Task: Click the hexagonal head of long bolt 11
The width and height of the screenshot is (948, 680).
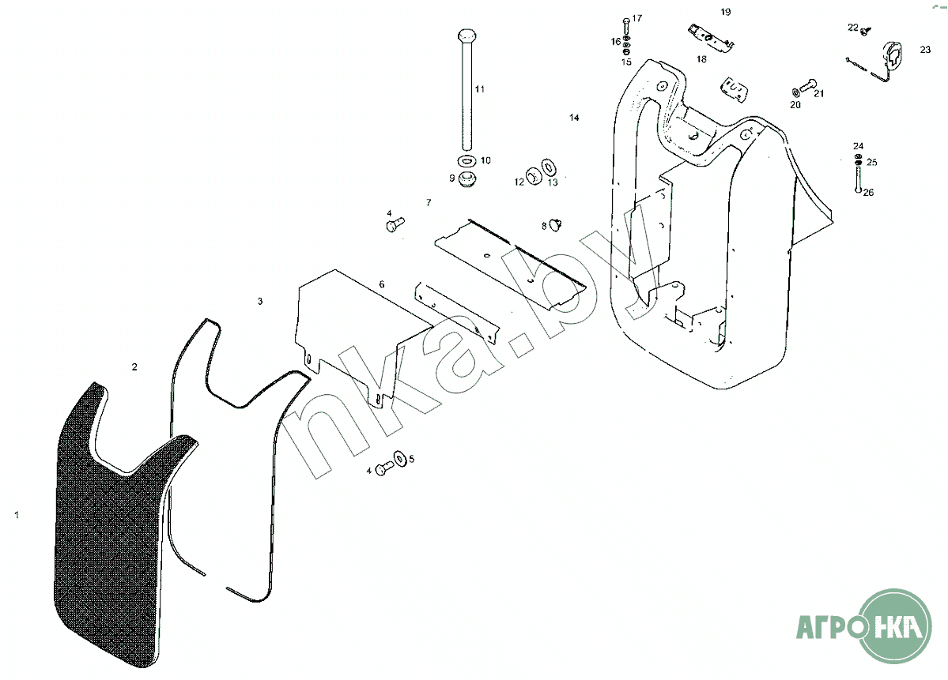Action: pyautogui.click(x=466, y=37)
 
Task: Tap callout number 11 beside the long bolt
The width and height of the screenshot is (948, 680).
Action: pyautogui.click(x=480, y=89)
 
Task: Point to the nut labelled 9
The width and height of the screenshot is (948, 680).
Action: pyautogui.click(x=467, y=178)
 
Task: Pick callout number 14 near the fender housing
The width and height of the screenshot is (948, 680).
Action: pyautogui.click(x=575, y=118)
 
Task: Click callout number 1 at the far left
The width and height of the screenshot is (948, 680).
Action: pyautogui.click(x=17, y=514)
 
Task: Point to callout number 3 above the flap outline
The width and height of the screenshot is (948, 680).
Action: pyautogui.click(x=260, y=302)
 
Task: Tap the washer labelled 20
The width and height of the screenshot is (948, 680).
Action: pyautogui.click(x=794, y=93)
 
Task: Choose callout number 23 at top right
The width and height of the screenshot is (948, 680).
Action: pyautogui.click(x=925, y=49)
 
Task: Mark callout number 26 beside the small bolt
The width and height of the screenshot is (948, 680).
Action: pyautogui.click(x=868, y=193)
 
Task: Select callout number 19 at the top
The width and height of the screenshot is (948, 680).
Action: pyautogui.click(x=726, y=12)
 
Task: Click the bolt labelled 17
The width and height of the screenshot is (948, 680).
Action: pyautogui.click(x=626, y=24)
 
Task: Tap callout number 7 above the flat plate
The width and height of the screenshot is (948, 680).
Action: pyautogui.click(x=429, y=203)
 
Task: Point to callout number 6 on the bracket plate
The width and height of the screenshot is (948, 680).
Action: pyautogui.click(x=382, y=284)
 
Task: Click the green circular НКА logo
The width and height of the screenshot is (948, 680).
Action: pyautogui.click(x=897, y=626)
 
